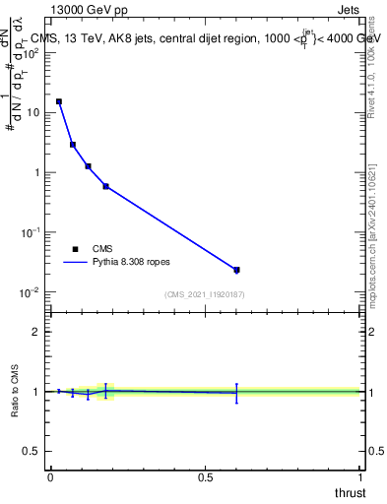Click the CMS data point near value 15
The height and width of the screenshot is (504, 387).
59,101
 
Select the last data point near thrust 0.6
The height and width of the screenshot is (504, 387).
236,269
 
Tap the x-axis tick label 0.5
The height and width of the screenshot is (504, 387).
205,478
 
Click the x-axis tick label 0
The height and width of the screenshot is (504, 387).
49,478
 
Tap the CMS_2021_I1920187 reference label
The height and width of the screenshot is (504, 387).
205,294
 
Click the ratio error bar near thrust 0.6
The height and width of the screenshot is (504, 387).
236,393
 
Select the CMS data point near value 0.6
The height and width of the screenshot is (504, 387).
105,186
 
